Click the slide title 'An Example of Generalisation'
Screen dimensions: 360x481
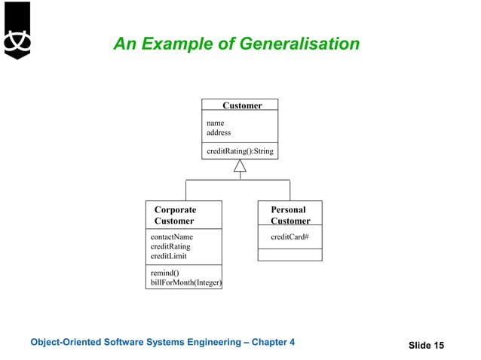236,45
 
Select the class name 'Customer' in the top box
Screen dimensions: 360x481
242,105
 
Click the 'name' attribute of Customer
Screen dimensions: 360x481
215,123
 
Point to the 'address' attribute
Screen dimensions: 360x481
219,133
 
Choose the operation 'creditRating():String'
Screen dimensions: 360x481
240,151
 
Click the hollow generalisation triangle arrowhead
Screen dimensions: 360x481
240,166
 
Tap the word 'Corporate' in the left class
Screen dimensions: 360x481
175,210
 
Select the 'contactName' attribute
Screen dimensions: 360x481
172,236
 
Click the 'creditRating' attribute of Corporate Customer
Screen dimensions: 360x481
170,246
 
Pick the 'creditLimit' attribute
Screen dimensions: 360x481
170,256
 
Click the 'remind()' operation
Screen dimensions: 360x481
164,273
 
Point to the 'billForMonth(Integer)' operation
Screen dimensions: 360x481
186,282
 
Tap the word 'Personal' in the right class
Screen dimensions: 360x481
288,210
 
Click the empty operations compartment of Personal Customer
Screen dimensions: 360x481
290,255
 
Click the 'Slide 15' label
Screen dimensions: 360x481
426,345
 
